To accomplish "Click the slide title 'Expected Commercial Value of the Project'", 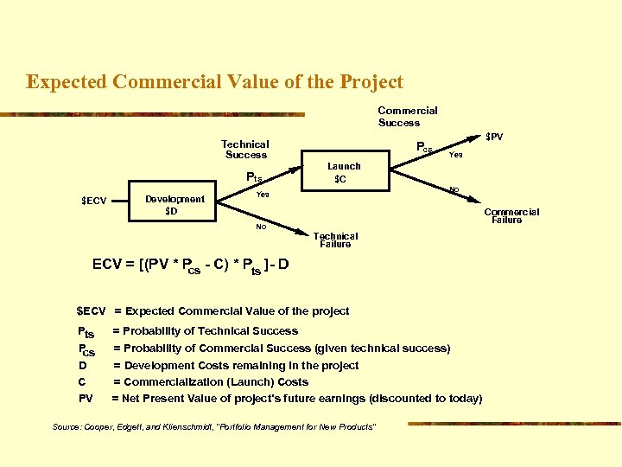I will click(214, 82).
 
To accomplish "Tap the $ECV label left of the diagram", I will click(93, 202).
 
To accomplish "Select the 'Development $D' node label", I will click(175, 205).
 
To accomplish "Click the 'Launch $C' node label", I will click(344, 172).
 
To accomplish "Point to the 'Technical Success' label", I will click(245, 150).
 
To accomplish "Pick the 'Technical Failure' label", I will click(335, 240).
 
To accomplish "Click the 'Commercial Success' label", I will click(408, 116).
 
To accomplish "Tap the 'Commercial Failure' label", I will click(511, 215).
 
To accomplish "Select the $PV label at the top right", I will click(494, 137).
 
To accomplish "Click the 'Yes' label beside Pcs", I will click(455, 156).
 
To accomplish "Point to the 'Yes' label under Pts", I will click(263, 195).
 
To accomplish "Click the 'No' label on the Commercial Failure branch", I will click(454, 189).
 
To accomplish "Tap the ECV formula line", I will click(190, 265).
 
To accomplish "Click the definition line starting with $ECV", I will click(213, 310).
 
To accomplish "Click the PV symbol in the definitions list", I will click(86, 399).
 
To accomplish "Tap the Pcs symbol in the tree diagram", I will click(424, 148).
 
